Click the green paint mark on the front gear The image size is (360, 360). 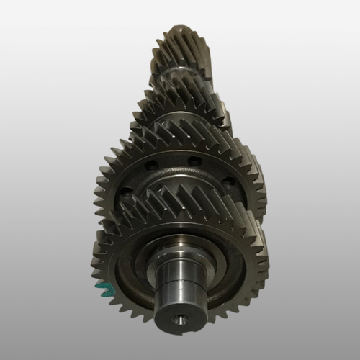point(103,289)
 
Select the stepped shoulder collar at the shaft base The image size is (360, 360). point(180,252)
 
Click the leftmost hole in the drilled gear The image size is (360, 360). point(127,192)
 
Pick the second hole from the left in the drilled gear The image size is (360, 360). point(149,166)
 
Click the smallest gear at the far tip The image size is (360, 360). point(179,47)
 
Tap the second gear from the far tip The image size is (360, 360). point(180,97)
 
